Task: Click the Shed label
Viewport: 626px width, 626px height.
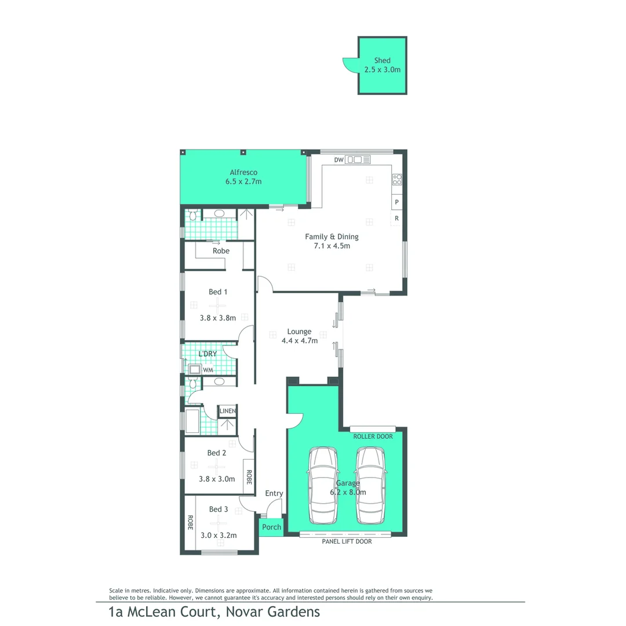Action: pyautogui.click(x=382, y=60)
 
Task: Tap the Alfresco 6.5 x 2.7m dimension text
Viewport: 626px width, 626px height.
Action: pyautogui.click(x=243, y=181)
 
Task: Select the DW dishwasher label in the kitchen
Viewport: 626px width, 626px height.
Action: pyautogui.click(x=340, y=160)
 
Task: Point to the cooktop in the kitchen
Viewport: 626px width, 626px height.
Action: pyautogui.click(x=397, y=180)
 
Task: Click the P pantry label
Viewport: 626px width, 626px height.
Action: pyautogui.click(x=397, y=202)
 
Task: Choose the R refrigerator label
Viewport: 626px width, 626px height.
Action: pyautogui.click(x=397, y=219)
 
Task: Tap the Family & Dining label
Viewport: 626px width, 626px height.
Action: pyautogui.click(x=332, y=236)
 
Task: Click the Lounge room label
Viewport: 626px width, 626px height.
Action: pyautogui.click(x=299, y=332)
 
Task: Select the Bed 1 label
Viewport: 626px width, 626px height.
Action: pyautogui.click(x=217, y=292)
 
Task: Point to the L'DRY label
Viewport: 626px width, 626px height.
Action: pyautogui.click(x=207, y=354)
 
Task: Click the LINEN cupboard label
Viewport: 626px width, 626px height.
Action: pyautogui.click(x=227, y=412)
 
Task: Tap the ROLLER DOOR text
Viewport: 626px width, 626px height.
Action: pyautogui.click(x=373, y=436)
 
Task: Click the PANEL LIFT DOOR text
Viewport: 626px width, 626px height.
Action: pyautogui.click(x=347, y=541)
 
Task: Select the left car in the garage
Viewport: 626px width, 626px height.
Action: pyautogui.click(x=322, y=485)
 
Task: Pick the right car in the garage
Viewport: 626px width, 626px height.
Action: pyautogui.click(x=371, y=485)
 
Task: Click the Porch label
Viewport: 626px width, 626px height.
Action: pyautogui.click(x=271, y=527)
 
